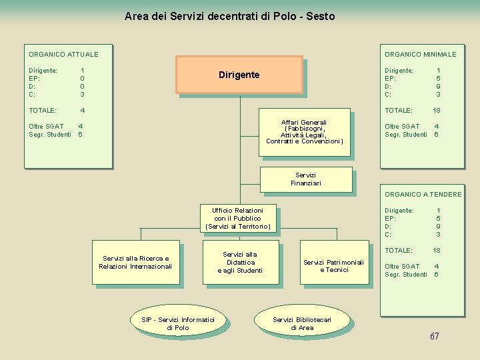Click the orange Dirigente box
239,75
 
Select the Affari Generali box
304,132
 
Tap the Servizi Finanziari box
305,179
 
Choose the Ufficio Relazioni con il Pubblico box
238,219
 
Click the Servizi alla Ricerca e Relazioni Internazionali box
135,263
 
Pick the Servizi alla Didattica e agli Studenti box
240,262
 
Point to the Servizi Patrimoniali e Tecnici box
333,266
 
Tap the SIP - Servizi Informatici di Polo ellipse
178,324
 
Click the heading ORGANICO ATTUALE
63,54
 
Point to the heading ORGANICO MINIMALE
420,54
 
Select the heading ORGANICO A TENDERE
423,195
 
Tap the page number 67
434,336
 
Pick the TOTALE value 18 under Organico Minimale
437,110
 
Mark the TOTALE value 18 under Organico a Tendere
437,251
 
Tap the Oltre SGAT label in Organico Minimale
402,126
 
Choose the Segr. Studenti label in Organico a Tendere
406,275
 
